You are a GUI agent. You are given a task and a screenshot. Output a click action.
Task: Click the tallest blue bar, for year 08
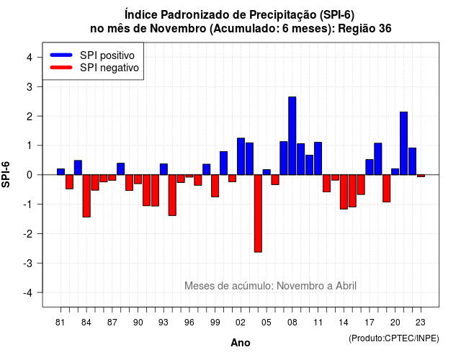pos(292,136)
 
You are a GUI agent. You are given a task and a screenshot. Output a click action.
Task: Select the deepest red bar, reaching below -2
pos(258,213)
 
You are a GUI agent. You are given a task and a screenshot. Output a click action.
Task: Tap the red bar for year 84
pos(86,196)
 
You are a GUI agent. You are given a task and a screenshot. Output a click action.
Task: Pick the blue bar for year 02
pos(241,156)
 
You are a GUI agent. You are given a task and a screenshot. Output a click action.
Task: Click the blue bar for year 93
pos(164,169)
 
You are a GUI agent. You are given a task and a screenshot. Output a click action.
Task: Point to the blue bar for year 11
pos(318,158)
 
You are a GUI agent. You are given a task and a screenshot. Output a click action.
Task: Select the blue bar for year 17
pos(370,167)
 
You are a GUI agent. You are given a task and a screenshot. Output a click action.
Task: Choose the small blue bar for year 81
pos(61,171)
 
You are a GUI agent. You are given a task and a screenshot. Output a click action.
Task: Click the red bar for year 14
pos(344,192)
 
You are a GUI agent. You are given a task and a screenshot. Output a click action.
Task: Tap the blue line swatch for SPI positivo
pos(61,55)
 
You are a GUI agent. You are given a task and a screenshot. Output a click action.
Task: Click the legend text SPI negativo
pos(109,68)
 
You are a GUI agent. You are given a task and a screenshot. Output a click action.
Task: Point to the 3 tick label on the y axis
pos(29,87)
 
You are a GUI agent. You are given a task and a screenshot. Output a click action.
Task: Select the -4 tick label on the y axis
pos(28,293)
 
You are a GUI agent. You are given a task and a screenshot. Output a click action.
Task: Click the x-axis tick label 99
pos(215,323)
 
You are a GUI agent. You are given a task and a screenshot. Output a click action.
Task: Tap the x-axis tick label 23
pos(421,323)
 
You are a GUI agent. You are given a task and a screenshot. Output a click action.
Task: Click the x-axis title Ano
pos(241,343)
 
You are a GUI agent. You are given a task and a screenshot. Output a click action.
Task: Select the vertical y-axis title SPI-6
pos(6,174)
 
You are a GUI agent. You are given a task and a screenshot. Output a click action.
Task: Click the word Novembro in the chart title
pos(178,29)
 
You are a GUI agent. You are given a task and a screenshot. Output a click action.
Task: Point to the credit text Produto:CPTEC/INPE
pos(394,338)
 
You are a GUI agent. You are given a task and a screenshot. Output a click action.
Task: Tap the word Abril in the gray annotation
pos(346,286)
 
